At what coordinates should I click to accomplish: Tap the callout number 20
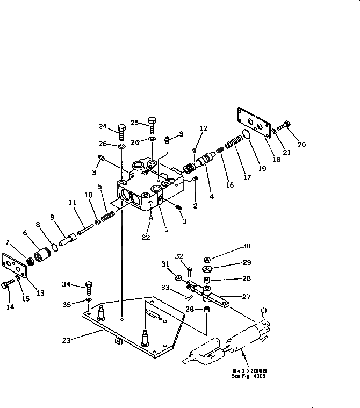pyautogui.click(x=301, y=144)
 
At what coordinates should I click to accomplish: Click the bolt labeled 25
pyautogui.click(x=152, y=125)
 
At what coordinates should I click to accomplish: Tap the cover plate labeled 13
pyautogui.click(x=15, y=267)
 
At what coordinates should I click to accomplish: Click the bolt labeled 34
pyautogui.click(x=89, y=284)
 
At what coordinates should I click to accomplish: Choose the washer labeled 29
pyautogui.click(x=207, y=269)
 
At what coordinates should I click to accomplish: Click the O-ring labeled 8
pyautogui.click(x=53, y=248)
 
